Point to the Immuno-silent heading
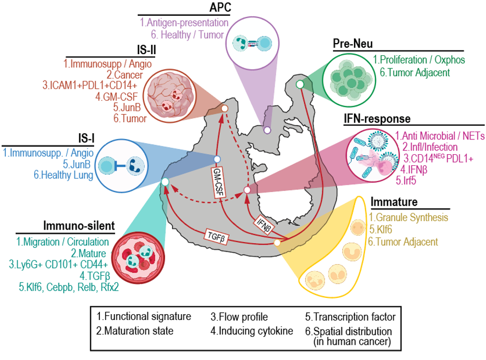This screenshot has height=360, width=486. pyautogui.click(x=79, y=226)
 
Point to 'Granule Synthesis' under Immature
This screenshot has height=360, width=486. pyautogui.click(x=411, y=217)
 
